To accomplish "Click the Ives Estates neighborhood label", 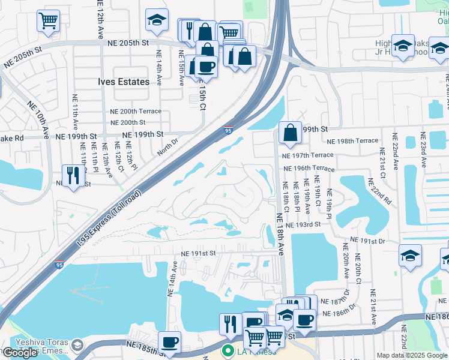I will pos(124,82).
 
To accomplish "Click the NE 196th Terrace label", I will pos(308,169).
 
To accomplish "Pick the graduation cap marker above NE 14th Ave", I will pos(157,20).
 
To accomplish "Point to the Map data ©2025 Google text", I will pos(411,355).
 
